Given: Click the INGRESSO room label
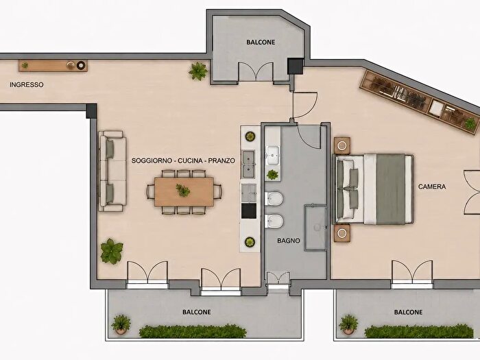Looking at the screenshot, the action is click(27, 85).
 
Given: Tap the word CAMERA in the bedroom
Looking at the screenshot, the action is click(432, 187).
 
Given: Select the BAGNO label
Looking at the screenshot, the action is click(289, 241).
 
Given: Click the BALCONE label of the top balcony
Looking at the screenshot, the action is click(261, 43).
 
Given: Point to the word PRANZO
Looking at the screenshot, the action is click(221, 160).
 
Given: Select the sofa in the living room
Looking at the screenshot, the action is click(112, 171).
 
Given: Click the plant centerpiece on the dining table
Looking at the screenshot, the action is click(183, 190).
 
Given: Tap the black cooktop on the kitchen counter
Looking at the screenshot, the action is click(249, 211).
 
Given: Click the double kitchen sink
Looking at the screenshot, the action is click(249, 165).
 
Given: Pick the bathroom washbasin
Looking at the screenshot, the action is click(273, 155).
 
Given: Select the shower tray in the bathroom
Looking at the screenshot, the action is click(315, 228).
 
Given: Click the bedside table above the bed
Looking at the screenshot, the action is click(342, 145).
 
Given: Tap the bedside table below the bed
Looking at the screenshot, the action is click(342, 233).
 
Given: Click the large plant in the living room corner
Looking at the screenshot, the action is click(111, 252).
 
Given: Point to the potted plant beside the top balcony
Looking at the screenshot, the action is click(198, 71).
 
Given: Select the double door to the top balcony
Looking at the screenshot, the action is click(256, 73).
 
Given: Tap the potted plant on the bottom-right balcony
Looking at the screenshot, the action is click(348, 324).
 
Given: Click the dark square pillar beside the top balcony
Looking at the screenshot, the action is click(296, 66).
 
